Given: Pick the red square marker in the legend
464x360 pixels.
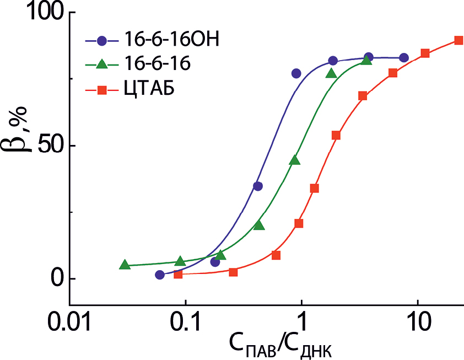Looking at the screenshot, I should (101, 88).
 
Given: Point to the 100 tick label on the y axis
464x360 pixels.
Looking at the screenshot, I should (37, 13).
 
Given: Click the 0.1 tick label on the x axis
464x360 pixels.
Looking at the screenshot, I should (185, 321).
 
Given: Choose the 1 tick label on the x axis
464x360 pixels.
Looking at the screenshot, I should (301, 321).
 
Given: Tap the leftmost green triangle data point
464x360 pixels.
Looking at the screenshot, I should (125, 265).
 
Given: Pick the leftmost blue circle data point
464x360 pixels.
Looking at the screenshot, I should (160, 275).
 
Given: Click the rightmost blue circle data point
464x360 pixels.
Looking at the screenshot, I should (404, 58).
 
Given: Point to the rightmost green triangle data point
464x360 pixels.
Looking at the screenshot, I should (367, 60).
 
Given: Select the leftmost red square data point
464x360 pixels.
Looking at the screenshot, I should (178, 274).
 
